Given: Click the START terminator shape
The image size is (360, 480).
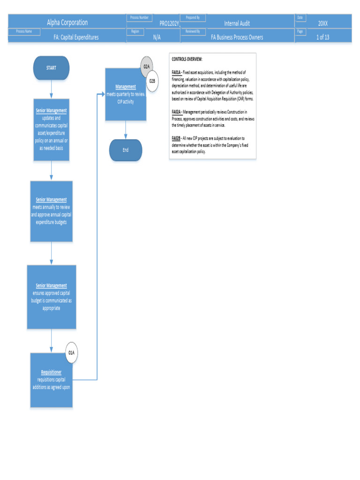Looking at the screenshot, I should (51, 68).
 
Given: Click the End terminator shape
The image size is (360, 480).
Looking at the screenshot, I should (126, 150).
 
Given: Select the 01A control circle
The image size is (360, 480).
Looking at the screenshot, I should (71, 352).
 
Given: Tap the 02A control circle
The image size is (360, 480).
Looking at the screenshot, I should (147, 67).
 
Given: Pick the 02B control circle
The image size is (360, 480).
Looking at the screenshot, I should (152, 81).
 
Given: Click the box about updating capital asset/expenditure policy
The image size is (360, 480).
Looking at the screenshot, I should (52, 130).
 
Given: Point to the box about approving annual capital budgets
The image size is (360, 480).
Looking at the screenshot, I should (52, 211).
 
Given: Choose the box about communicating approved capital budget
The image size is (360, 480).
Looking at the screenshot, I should (52, 297).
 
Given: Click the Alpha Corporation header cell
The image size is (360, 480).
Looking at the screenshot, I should (67, 22).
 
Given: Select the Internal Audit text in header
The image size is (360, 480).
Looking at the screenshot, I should (237, 23).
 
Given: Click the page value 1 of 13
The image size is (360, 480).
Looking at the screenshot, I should (322, 37).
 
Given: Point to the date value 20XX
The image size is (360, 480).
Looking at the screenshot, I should (322, 23).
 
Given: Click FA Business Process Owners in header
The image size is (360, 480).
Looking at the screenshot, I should (237, 37).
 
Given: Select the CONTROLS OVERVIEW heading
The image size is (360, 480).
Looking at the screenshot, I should (187, 60).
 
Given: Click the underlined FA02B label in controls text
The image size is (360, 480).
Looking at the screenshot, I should (176, 138).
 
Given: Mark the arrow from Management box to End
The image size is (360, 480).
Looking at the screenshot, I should (126, 130).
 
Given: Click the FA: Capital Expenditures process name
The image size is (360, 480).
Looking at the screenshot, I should (76, 37).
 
